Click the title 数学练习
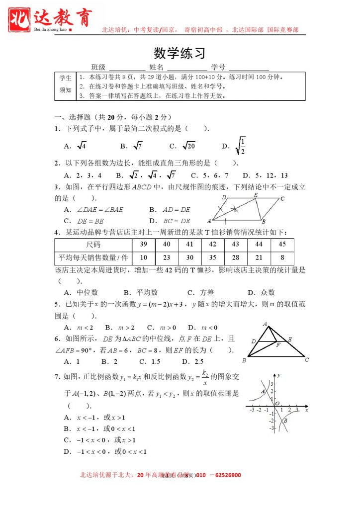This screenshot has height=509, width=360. (x=180, y=53)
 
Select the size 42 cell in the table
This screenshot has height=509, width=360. (x=212, y=245)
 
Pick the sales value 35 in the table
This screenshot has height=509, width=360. (x=212, y=257)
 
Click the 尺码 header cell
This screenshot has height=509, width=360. (x=93, y=245)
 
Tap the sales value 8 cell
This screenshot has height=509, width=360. (x=282, y=257)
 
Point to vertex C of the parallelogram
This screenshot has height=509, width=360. (x=282, y=199)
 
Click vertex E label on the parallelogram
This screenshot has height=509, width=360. (x=256, y=195)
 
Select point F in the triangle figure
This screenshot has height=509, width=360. (x=278, y=344)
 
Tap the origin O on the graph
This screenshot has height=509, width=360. (x=277, y=404)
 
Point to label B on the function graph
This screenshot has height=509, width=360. (x=285, y=421)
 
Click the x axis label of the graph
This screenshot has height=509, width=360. (x=307, y=411)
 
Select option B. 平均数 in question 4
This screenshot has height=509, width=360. (x=141, y=292)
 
